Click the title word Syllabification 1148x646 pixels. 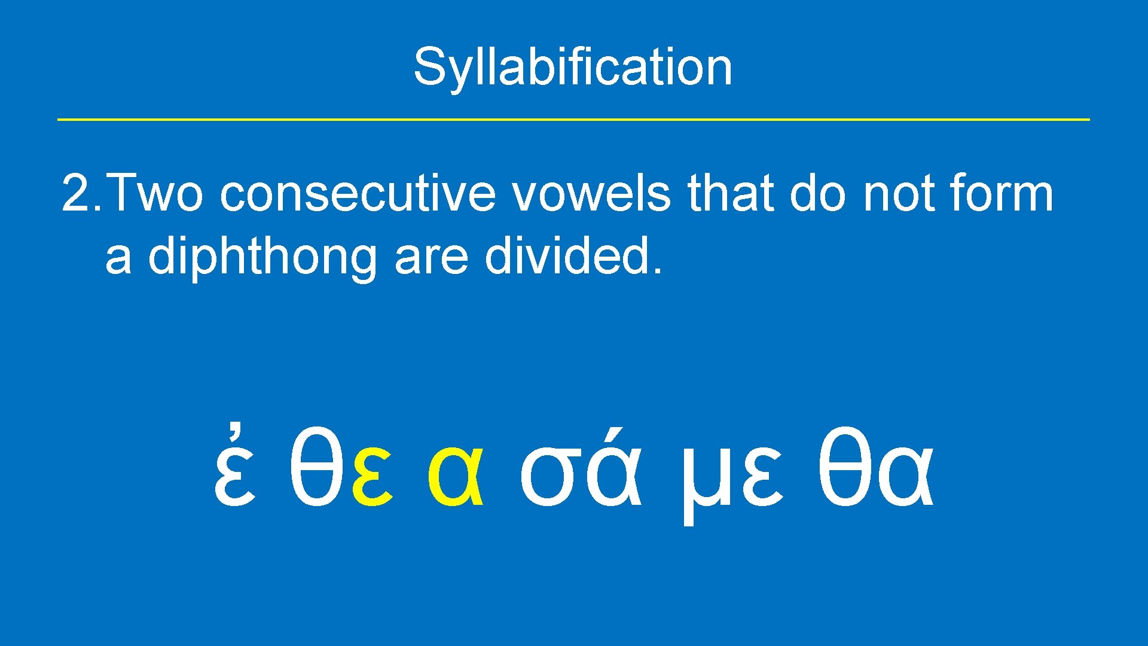click(573, 67)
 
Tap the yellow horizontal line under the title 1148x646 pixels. click(573, 120)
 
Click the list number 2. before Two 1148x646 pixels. click(81, 194)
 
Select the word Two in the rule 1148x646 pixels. click(157, 194)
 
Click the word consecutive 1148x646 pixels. click(358, 194)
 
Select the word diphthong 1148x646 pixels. click(262, 257)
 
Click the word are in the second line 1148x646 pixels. click(431, 257)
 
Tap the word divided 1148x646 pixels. click(573, 257)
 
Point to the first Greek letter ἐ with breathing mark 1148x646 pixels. click(235, 473)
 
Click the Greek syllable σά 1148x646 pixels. click(580, 473)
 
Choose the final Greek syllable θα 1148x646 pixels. click(875, 470)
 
